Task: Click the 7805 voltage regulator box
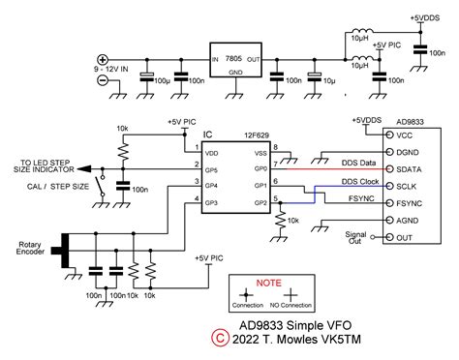pos(234,59)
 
